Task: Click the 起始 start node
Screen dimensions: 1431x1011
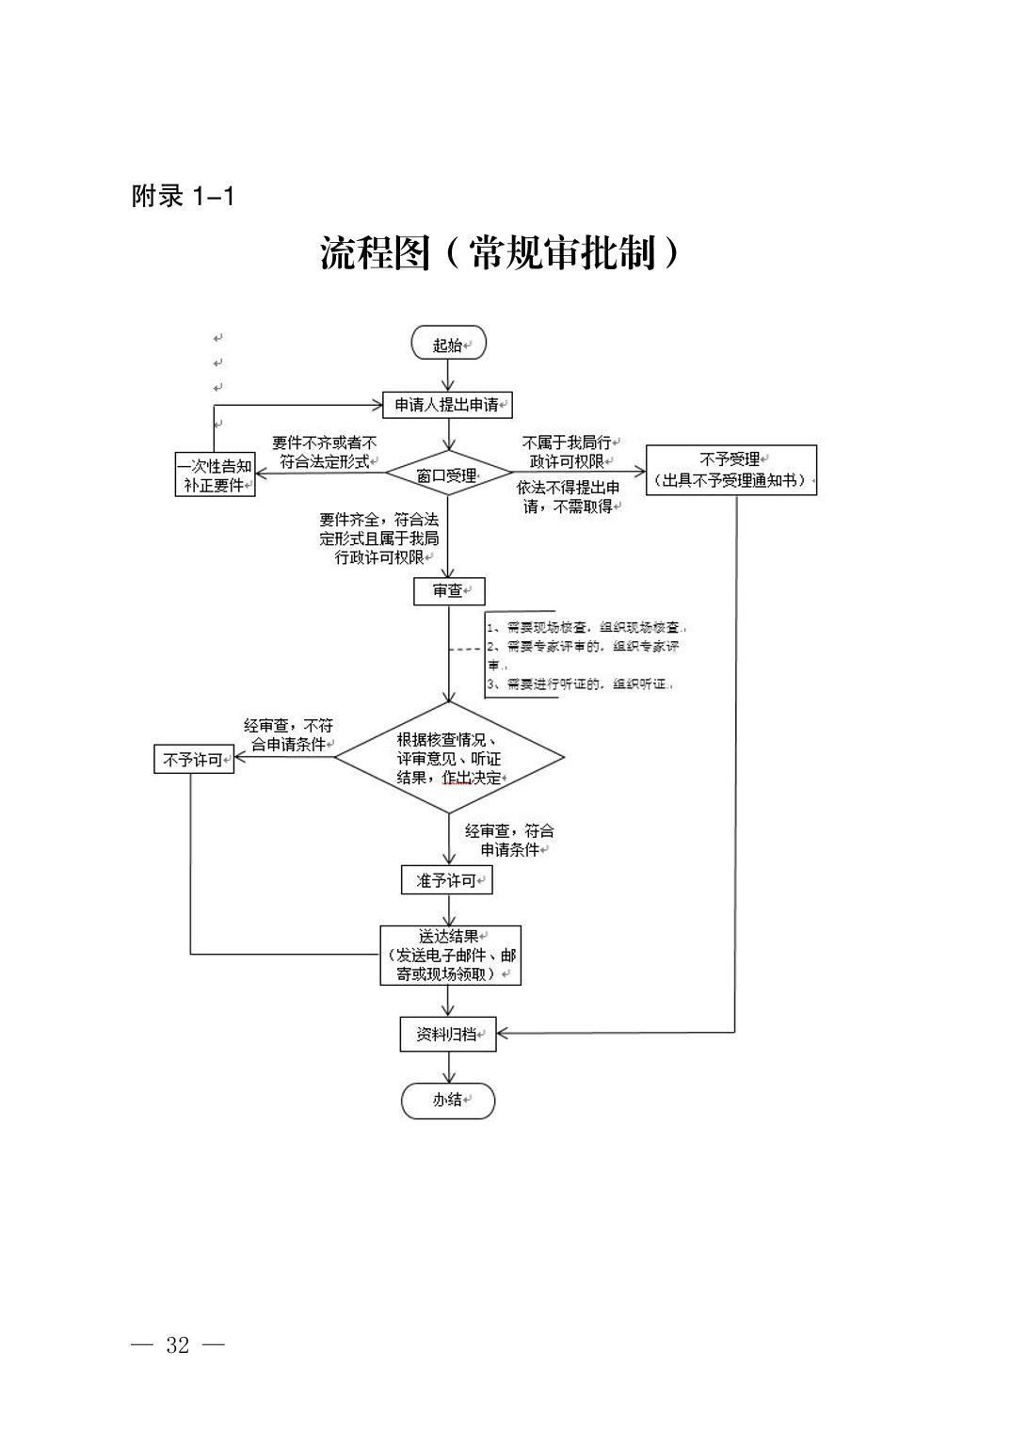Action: (x=448, y=345)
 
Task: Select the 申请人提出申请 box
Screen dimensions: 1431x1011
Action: (x=448, y=406)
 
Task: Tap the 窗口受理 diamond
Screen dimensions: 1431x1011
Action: (x=448, y=475)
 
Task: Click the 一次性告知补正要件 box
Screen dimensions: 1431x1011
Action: (x=216, y=475)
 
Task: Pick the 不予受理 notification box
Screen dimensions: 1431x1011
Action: (x=730, y=470)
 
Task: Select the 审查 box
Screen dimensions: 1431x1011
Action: (x=448, y=591)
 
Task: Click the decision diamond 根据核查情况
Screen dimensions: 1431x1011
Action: (x=449, y=758)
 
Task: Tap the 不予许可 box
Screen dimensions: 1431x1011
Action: (x=194, y=759)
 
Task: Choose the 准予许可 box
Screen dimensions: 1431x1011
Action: (x=447, y=880)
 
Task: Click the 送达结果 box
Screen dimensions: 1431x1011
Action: (x=450, y=955)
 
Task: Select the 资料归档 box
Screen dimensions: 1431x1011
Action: (x=448, y=1034)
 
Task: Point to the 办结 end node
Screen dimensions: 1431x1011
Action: (x=448, y=1100)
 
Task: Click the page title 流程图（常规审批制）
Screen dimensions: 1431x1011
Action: (x=499, y=252)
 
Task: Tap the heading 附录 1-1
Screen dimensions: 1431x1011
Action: (x=183, y=196)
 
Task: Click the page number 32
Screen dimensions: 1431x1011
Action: (x=178, y=1345)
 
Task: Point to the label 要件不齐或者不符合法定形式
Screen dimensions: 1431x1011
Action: (x=324, y=452)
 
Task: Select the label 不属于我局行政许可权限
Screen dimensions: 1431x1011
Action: (x=567, y=451)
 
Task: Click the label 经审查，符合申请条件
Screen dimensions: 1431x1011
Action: (x=509, y=840)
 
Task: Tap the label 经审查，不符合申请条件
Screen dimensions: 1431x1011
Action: (x=288, y=734)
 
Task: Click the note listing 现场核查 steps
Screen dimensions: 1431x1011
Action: (x=588, y=655)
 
